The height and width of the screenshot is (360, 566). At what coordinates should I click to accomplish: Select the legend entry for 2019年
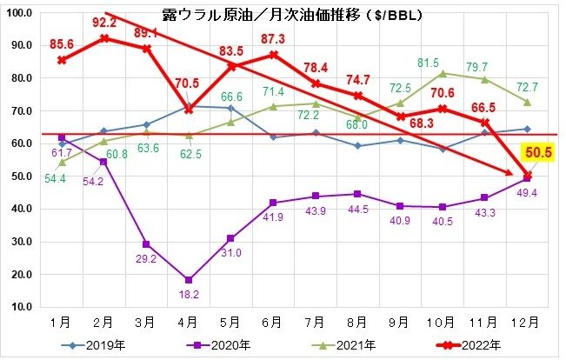[100, 345]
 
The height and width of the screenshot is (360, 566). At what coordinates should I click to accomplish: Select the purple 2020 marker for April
[189, 280]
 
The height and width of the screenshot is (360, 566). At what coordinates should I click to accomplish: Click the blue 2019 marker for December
[526, 129]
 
